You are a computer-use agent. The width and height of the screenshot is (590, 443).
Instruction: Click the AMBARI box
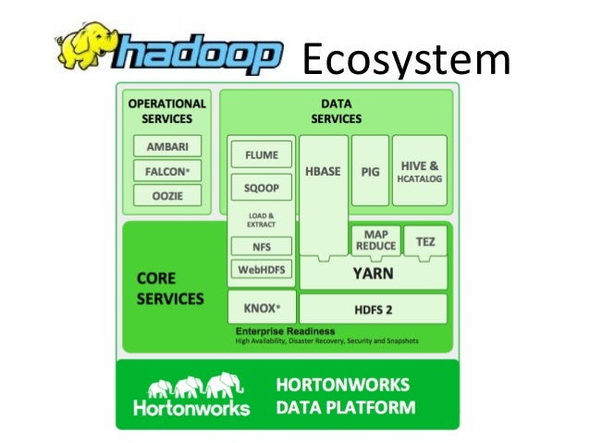pyautogui.click(x=167, y=147)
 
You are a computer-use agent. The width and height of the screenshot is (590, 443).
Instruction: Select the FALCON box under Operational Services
pyautogui.click(x=167, y=171)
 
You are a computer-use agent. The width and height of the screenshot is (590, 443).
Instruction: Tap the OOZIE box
pyautogui.click(x=167, y=195)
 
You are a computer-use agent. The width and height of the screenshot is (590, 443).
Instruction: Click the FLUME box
pyautogui.click(x=261, y=154)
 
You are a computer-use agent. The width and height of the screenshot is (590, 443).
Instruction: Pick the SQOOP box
pyautogui.click(x=261, y=188)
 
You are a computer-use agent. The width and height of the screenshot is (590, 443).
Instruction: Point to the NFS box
pyautogui.click(x=261, y=247)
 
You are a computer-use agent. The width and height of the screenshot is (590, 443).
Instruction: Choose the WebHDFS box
pyautogui.click(x=261, y=270)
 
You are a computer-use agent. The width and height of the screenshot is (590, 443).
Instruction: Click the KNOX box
pyautogui.click(x=261, y=306)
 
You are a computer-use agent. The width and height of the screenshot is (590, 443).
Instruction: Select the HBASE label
pyautogui.click(x=324, y=172)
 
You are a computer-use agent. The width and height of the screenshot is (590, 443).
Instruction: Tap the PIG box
pyautogui.click(x=370, y=172)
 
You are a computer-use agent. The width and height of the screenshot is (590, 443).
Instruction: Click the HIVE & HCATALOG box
pyautogui.click(x=420, y=172)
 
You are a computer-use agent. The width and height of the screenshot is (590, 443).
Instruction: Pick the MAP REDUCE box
pyautogui.click(x=375, y=240)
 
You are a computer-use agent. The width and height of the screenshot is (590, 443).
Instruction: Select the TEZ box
pyautogui.click(x=425, y=241)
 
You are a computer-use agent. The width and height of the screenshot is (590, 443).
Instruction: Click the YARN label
pyautogui.click(x=373, y=274)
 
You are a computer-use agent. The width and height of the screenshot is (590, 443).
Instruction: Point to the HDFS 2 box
pyautogui.click(x=373, y=307)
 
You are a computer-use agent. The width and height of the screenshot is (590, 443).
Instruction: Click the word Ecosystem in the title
pyautogui.click(x=406, y=61)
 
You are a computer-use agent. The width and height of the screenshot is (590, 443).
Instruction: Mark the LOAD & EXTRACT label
pyautogui.click(x=261, y=220)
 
